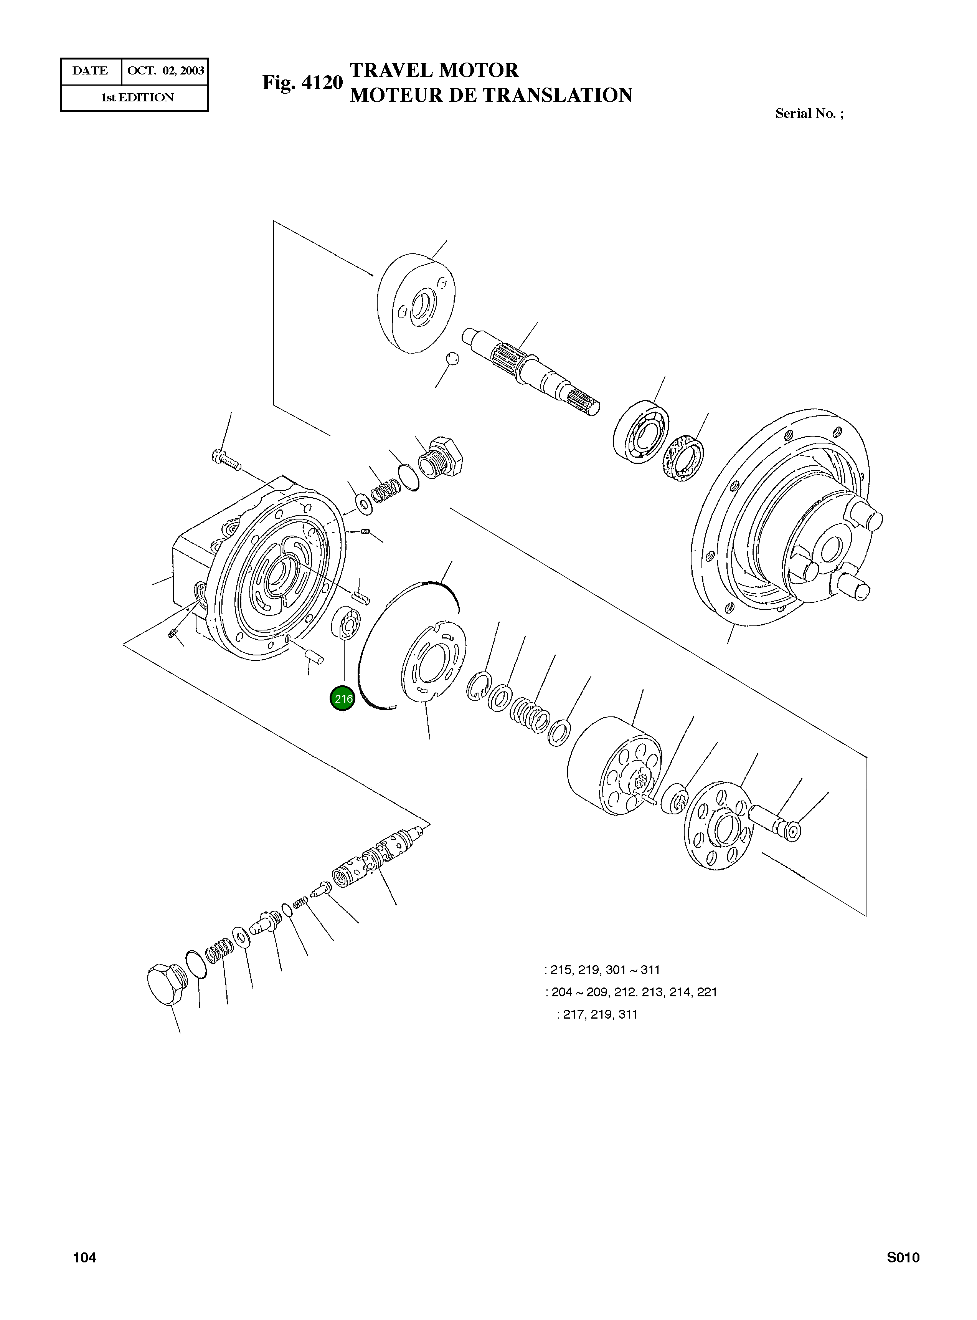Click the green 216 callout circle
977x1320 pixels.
(x=342, y=699)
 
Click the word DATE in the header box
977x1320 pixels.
(x=90, y=71)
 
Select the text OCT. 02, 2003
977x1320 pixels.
(x=166, y=71)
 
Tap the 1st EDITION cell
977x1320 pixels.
(x=137, y=98)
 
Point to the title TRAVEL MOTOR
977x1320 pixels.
(x=434, y=70)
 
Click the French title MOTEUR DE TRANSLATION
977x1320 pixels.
(x=491, y=95)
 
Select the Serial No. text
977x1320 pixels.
(x=809, y=114)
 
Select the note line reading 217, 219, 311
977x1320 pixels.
(x=599, y=1014)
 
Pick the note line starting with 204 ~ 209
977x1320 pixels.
(x=632, y=992)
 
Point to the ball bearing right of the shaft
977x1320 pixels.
(x=640, y=431)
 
